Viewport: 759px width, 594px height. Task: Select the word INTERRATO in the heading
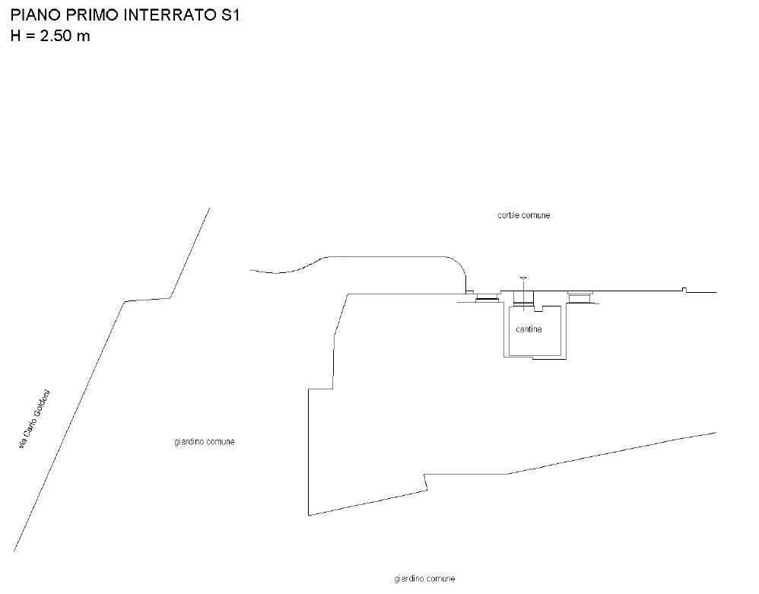click(168, 15)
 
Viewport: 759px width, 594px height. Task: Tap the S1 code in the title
click(227, 15)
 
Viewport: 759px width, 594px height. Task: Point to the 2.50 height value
click(56, 36)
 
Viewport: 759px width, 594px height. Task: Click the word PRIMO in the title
click(93, 15)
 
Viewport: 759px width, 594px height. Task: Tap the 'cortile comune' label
click(524, 215)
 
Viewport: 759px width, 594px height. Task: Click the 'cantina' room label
click(529, 329)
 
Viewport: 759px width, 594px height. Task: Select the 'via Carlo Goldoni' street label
click(34, 419)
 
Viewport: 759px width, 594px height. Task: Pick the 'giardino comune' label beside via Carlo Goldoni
click(205, 441)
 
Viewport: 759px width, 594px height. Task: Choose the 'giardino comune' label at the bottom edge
click(424, 579)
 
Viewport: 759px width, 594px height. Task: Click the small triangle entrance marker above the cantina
click(522, 278)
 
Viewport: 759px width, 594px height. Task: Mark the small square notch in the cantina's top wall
click(539, 308)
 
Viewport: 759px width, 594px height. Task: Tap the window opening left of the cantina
click(487, 297)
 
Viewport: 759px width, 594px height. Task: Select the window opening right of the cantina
click(579, 297)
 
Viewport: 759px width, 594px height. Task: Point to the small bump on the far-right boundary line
click(684, 290)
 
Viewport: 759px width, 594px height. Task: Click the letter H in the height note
click(15, 36)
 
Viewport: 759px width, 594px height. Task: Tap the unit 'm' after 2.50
click(83, 37)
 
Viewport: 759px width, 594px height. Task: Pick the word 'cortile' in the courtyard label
click(509, 215)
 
